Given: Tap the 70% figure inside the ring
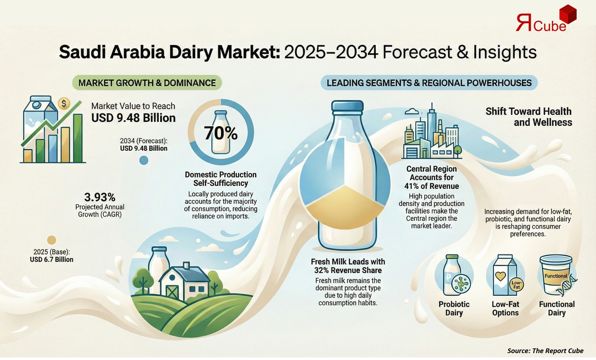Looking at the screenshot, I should point(220,133).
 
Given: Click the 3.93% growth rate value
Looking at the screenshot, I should point(100,197).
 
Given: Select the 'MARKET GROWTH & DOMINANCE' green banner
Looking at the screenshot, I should point(147,83).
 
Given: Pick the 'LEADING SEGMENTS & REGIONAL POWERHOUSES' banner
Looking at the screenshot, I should point(429,83).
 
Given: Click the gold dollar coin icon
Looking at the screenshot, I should point(64,104).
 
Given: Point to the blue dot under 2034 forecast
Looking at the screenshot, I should point(144,160).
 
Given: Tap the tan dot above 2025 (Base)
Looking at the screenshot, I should point(51,240).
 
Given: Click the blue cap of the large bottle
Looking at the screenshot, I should point(347,106).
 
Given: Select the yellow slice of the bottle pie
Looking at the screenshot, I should point(344,203).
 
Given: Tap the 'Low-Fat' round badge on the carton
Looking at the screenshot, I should point(516,285).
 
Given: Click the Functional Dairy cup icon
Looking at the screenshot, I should point(556,275).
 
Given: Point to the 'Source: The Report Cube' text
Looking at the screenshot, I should point(545,351).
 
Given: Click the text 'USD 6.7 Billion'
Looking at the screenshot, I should point(51,260).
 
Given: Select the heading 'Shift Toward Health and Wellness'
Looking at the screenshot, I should point(529,117).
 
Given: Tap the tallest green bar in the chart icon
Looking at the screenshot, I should point(78,138).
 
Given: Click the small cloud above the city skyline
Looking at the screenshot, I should point(412,112).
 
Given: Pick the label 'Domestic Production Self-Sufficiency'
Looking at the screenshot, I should point(220,179).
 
